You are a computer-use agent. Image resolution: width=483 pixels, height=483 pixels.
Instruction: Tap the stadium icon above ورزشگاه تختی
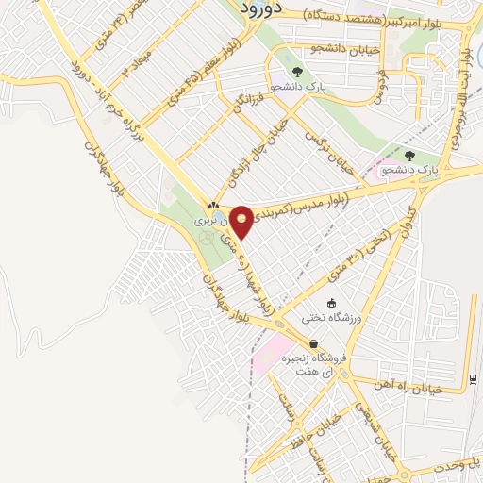pos(331,303)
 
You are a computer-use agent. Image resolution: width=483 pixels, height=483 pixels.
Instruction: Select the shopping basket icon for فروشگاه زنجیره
pos(313,344)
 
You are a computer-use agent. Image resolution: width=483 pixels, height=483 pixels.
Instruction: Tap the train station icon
pos(472,379)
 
